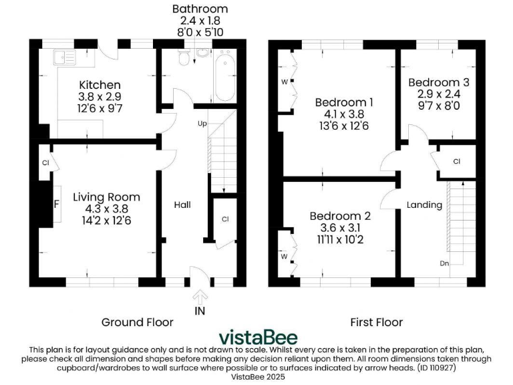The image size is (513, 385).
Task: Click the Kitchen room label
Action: [x=100, y=85]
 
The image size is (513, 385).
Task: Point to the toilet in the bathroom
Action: [x=185, y=59]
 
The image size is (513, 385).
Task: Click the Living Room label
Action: [x=106, y=197]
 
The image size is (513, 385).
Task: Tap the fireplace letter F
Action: [x=57, y=204]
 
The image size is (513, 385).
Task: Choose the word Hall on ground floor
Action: [x=182, y=204]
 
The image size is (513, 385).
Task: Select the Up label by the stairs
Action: [x=201, y=124]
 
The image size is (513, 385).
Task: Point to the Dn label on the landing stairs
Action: [x=444, y=263]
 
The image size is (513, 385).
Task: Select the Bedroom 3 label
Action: [x=439, y=82]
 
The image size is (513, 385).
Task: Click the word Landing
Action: [x=424, y=205]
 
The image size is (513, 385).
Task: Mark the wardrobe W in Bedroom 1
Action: [x=285, y=83]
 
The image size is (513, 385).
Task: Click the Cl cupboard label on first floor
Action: [x=457, y=161]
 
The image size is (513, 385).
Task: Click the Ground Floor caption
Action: [x=137, y=322]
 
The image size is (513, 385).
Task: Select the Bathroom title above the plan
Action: [x=200, y=9]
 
